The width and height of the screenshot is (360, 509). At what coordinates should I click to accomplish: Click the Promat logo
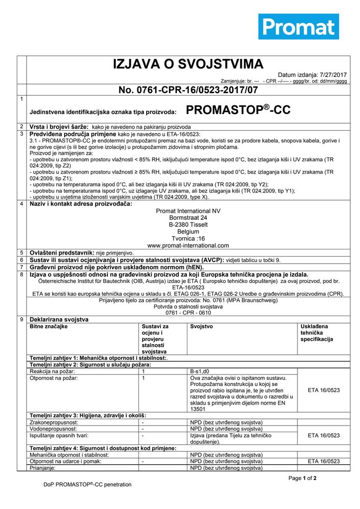(298, 27)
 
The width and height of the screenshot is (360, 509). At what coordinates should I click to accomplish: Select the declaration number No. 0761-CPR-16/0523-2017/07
(188, 90)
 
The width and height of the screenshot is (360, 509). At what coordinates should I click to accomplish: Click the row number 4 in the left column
(21, 204)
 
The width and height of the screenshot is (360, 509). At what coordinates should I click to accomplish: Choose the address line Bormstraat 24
(188, 217)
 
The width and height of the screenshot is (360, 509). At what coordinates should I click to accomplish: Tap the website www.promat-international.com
(188, 245)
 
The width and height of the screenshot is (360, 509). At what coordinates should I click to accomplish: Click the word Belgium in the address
(188, 231)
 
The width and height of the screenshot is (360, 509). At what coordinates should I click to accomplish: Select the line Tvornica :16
(188, 238)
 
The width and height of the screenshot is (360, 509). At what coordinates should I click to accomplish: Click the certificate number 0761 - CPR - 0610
(188, 313)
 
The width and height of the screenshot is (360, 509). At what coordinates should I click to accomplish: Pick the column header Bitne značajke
(49, 326)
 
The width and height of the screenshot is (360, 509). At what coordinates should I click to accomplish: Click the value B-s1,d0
(201, 372)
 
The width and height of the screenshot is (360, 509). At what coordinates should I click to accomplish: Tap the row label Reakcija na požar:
(53, 372)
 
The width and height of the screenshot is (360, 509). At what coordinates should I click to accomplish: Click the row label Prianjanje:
(44, 468)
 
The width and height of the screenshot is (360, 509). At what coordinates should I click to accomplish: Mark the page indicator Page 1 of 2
(302, 478)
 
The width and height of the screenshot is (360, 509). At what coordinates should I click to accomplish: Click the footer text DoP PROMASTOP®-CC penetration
(87, 485)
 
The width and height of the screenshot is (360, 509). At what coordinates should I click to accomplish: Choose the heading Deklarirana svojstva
(59, 319)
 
